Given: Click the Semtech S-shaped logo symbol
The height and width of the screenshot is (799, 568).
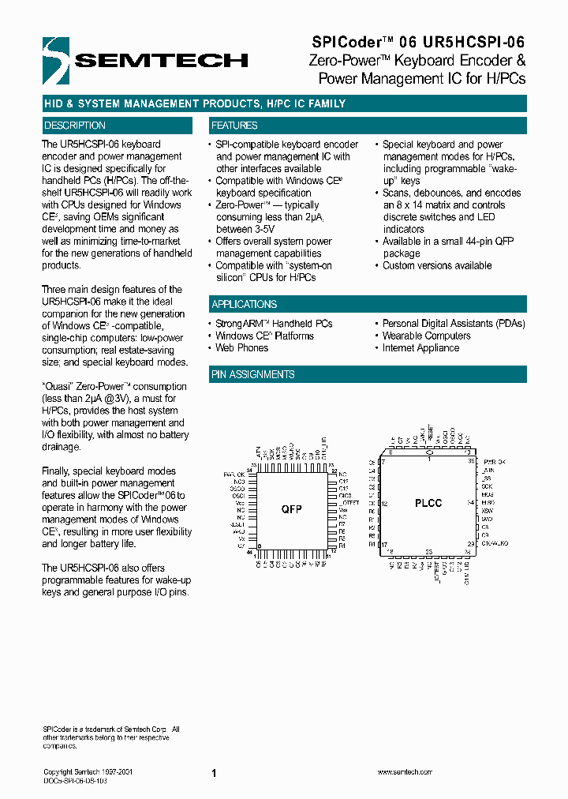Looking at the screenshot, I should (58, 58).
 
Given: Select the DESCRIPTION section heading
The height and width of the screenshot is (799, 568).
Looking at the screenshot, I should (75, 126).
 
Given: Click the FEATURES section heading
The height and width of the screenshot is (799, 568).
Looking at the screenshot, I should (234, 126).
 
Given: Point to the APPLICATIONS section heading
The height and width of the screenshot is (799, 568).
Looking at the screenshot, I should (244, 305).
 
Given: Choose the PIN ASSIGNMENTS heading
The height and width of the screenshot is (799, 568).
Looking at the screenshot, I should (253, 374).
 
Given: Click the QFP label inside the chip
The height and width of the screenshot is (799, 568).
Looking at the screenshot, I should (292, 508).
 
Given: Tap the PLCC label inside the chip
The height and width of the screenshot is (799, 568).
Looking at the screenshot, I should (428, 502).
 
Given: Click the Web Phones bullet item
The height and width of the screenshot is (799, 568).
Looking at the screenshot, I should (241, 348).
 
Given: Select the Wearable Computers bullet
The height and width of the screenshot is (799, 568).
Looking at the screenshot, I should (426, 336).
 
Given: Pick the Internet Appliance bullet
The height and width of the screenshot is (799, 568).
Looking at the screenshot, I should (420, 348).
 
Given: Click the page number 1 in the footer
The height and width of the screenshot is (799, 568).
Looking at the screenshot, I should (214, 774).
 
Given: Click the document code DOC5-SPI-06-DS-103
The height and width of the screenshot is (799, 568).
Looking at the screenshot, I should (75, 779).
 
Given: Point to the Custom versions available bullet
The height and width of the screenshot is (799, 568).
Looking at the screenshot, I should (437, 266).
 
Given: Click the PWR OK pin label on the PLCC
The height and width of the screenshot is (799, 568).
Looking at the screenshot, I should (495, 461).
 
